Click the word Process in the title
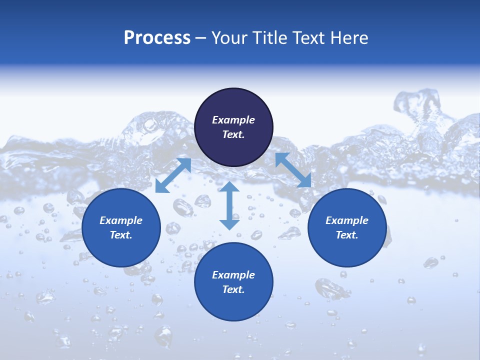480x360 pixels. click(x=157, y=38)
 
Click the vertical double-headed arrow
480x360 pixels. click(x=229, y=205)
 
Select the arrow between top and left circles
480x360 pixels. click(x=173, y=175)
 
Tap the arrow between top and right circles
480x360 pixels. click(x=293, y=170)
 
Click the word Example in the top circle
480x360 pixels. click(x=233, y=120)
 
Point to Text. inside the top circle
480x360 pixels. click(x=233, y=134)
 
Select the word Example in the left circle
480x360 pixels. click(x=121, y=220)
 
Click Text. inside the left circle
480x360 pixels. click(x=121, y=235)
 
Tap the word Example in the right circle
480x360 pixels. click(x=347, y=220)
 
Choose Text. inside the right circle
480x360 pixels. click(x=347, y=235)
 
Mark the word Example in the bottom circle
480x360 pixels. click(x=233, y=275)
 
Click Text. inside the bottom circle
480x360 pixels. click(x=233, y=289)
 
